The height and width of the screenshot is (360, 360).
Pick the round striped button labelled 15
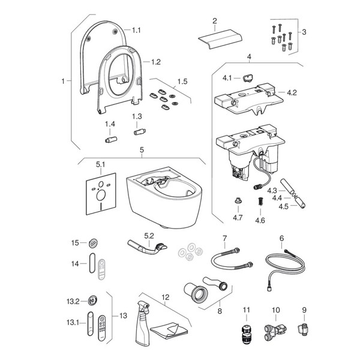pos(92,243)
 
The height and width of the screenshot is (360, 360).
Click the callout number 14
pos(75,263)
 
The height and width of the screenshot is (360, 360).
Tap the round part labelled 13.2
pos(92,301)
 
